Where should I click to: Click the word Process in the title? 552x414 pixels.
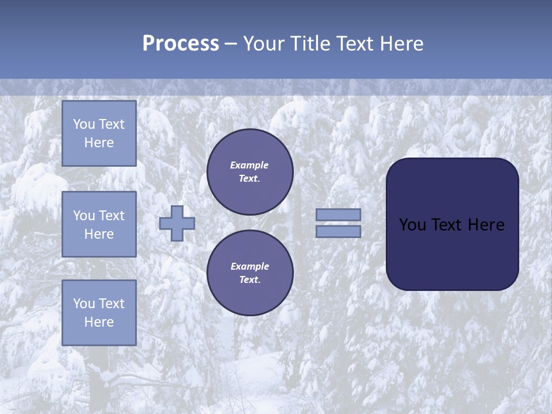[x=181, y=44]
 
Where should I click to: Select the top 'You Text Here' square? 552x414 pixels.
[x=99, y=133]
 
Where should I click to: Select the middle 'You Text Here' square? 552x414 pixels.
[x=99, y=224]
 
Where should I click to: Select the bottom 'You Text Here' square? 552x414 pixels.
[x=99, y=313]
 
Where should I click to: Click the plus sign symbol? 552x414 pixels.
[x=177, y=223]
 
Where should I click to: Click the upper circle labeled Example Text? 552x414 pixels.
[x=250, y=172]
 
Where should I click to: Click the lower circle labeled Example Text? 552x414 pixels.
[x=250, y=273]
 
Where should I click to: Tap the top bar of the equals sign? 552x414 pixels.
[x=339, y=215]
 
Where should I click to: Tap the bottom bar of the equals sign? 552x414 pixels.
[x=339, y=232]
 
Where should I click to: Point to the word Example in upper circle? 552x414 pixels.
[x=250, y=165]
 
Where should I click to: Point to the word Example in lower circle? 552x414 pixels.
[x=250, y=266]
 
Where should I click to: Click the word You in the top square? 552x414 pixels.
[x=84, y=124]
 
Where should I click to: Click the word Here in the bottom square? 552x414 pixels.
[x=99, y=322]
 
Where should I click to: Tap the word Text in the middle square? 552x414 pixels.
[x=112, y=216]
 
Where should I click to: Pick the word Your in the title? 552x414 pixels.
[x=263, y=44]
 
